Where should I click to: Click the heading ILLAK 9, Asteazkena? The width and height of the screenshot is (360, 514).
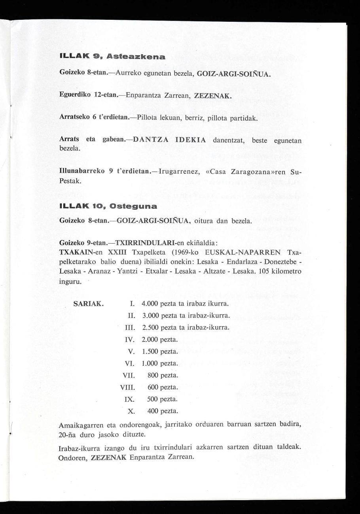112,57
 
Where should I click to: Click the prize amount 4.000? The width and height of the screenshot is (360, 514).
150,304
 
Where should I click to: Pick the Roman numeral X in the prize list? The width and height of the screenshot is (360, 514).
132,411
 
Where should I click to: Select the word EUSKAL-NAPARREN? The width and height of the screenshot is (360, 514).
248,252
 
